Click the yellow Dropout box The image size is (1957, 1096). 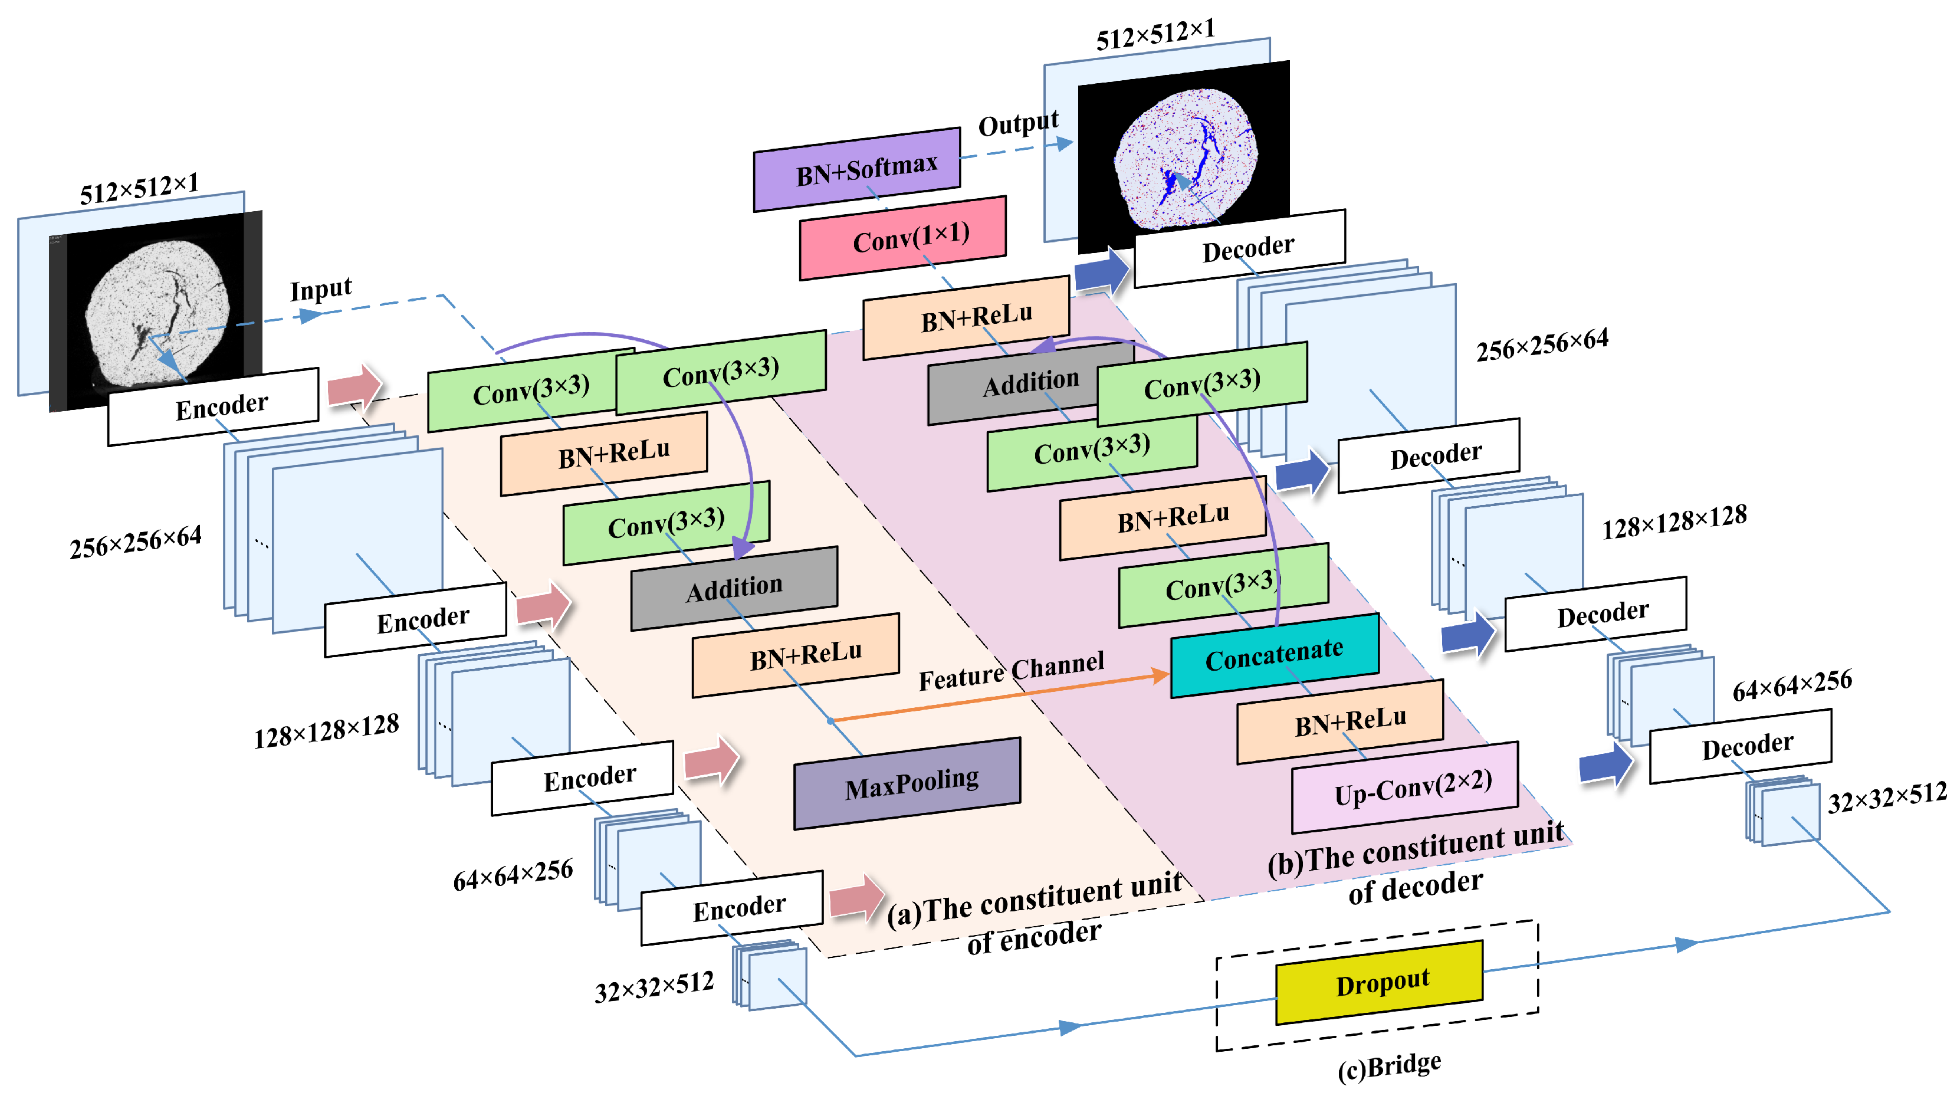(1379, 982)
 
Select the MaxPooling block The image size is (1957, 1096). (907, 783)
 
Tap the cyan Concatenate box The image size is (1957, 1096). (1274, 655)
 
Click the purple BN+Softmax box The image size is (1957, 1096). (856, 169)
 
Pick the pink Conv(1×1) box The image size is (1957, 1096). (902, 238)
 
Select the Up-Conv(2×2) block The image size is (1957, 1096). (1405, 787)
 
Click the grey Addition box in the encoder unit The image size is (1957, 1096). (734, 588)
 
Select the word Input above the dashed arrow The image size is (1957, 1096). (321, 289)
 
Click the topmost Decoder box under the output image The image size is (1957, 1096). (1240, 248)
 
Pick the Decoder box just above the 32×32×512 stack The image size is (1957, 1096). (1741, 746)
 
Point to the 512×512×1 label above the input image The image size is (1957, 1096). (139, 188)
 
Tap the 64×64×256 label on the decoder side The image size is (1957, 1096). (1792, 685)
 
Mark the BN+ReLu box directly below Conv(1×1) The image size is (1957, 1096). (966, 318)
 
